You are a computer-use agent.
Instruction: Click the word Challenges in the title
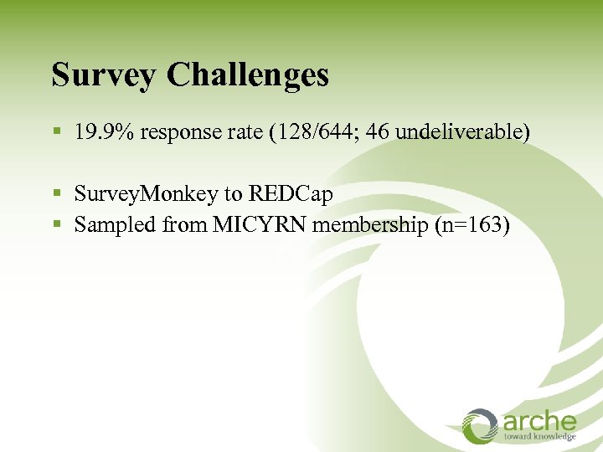click(x=248, y=75)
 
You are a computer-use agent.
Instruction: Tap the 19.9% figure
click(x=104, y=132)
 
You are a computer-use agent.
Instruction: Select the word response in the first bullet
click(x=177, y=132)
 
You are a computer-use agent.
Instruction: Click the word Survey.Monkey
click(x=146, y=195)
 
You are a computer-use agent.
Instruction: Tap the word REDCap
click(x=290, y=195)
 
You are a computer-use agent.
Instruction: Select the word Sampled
click(x=107, y=224)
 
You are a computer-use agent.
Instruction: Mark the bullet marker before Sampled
click(x=57, y=225)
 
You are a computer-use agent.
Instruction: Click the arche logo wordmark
click(x=540, y=421)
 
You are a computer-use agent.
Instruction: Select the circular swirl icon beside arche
click(x=481, y=425)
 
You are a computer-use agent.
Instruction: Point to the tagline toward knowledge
click(x=540, y=436)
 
